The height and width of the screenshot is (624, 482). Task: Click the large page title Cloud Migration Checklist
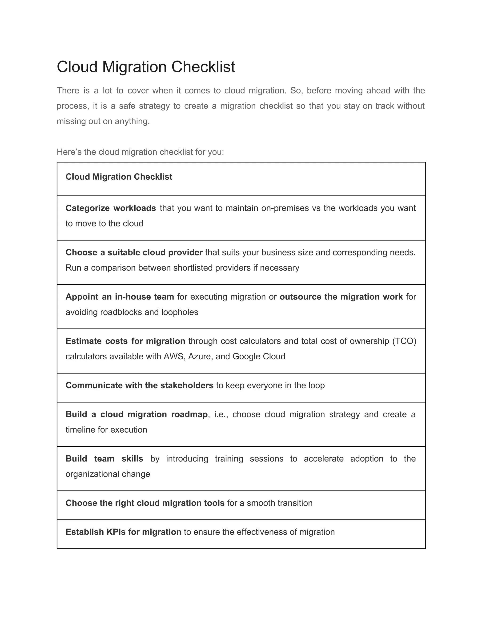146,67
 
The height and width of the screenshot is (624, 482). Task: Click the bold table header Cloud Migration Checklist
119,177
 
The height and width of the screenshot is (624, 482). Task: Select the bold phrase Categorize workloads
111,208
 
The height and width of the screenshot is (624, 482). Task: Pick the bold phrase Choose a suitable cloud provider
134,252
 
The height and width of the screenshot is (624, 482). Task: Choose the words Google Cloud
259,356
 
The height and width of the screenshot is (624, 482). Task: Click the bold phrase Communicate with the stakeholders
139,385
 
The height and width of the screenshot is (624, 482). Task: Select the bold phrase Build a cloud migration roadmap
137,414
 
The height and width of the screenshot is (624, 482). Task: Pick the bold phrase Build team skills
104,458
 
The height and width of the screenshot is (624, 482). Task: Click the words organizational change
108,474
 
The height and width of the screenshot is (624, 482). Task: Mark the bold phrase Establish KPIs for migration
123,532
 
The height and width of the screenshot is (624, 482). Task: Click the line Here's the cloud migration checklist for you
140,152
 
